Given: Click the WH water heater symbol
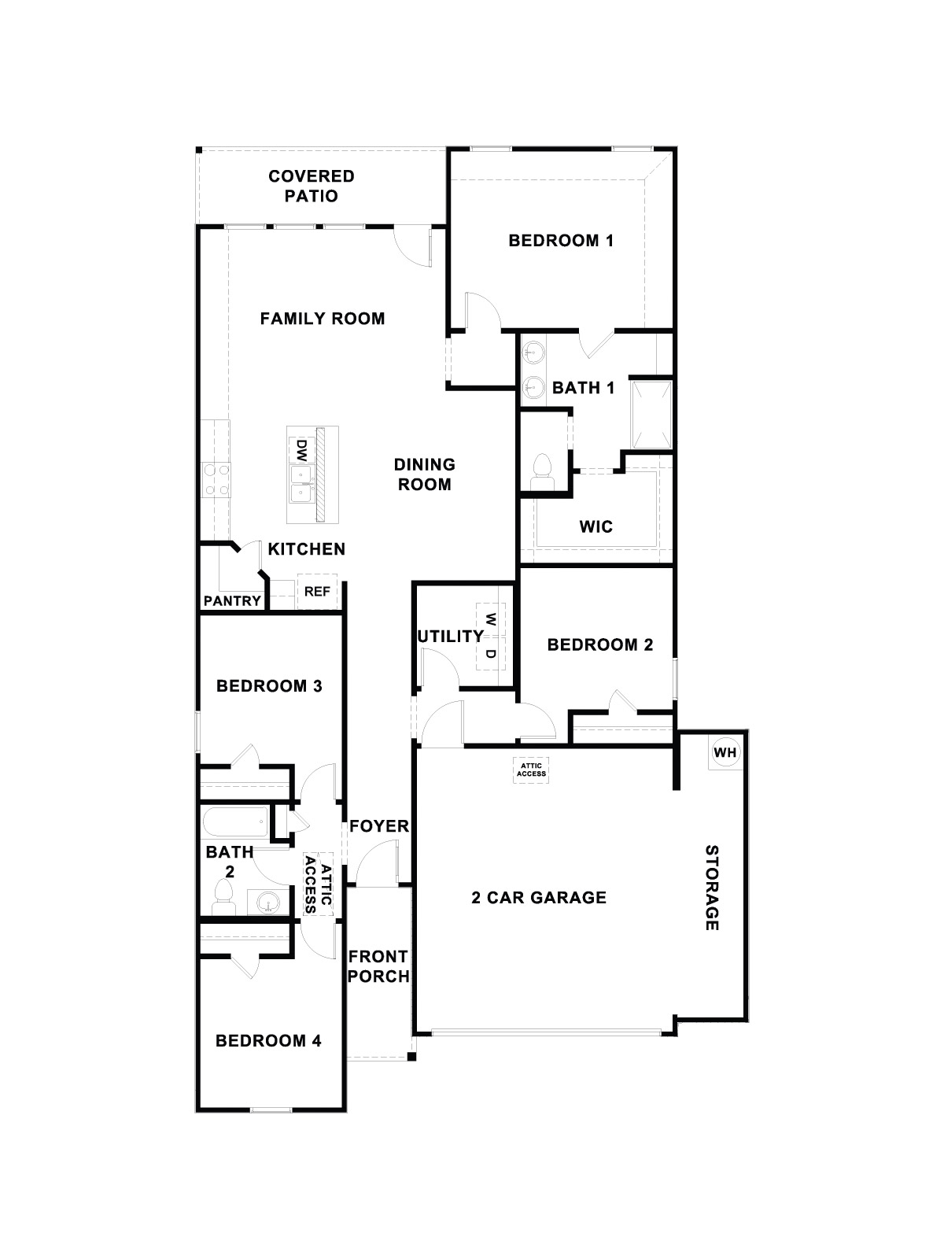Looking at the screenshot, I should click(725, 752).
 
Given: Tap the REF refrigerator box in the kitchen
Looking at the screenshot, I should click(317, 592).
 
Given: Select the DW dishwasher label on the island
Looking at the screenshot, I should click(301, 451).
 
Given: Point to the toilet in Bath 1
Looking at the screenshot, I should click(543, 469).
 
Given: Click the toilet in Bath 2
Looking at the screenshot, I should click(223, 898).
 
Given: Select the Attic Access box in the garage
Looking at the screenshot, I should click(531, 769).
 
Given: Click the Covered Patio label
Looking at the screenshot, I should click(312, 186).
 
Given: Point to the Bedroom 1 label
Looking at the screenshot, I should click(561, 241).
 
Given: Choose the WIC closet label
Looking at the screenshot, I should click(596, 526).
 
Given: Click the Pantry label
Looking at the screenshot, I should click(232, 601).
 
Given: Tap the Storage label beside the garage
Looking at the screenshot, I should click(711, 888).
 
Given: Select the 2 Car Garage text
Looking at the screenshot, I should click(539, 897).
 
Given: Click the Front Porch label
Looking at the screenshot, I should click(378, 966).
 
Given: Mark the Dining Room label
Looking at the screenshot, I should click(425, 474).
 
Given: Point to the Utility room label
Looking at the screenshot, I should click(450, 636).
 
